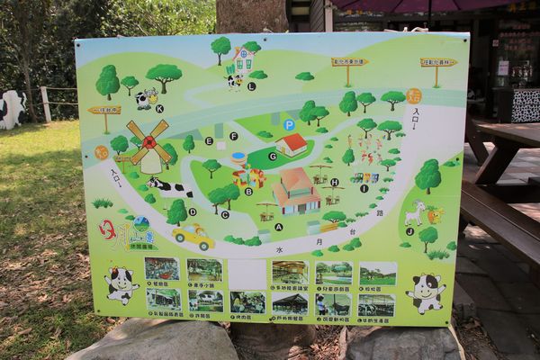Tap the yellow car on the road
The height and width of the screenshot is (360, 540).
click(x=193, y=237)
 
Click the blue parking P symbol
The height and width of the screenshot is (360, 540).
click(x=289, y=124)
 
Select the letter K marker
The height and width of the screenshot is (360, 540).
click(x=159, y=109)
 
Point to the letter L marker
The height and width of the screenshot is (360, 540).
click(x=251, y=86)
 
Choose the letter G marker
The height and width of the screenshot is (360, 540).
click(x=272, y=156)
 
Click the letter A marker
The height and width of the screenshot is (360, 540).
click(x=278, y=227)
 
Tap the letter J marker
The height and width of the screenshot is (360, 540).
click(x=409, y=231)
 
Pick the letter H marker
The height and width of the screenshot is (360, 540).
click(x=334, y=182)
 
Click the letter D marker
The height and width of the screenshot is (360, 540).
click(x=192, y=212)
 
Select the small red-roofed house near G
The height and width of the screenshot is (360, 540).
click(x=291, y=144)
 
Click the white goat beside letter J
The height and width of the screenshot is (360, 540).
click(x=414, y=213)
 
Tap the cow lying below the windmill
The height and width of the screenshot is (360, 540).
click(x=170, y=188)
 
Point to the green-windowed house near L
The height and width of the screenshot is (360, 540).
click(x=242, y=60)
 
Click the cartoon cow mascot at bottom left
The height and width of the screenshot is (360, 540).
click(x=121, y=284)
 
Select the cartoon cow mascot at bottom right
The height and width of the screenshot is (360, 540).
click(x=425, y=292)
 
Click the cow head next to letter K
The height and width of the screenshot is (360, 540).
click(x=146, y=98)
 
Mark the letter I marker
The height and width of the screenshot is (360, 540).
click(x=364, y=188)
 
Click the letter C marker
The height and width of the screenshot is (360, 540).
click(x=224, y=214)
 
